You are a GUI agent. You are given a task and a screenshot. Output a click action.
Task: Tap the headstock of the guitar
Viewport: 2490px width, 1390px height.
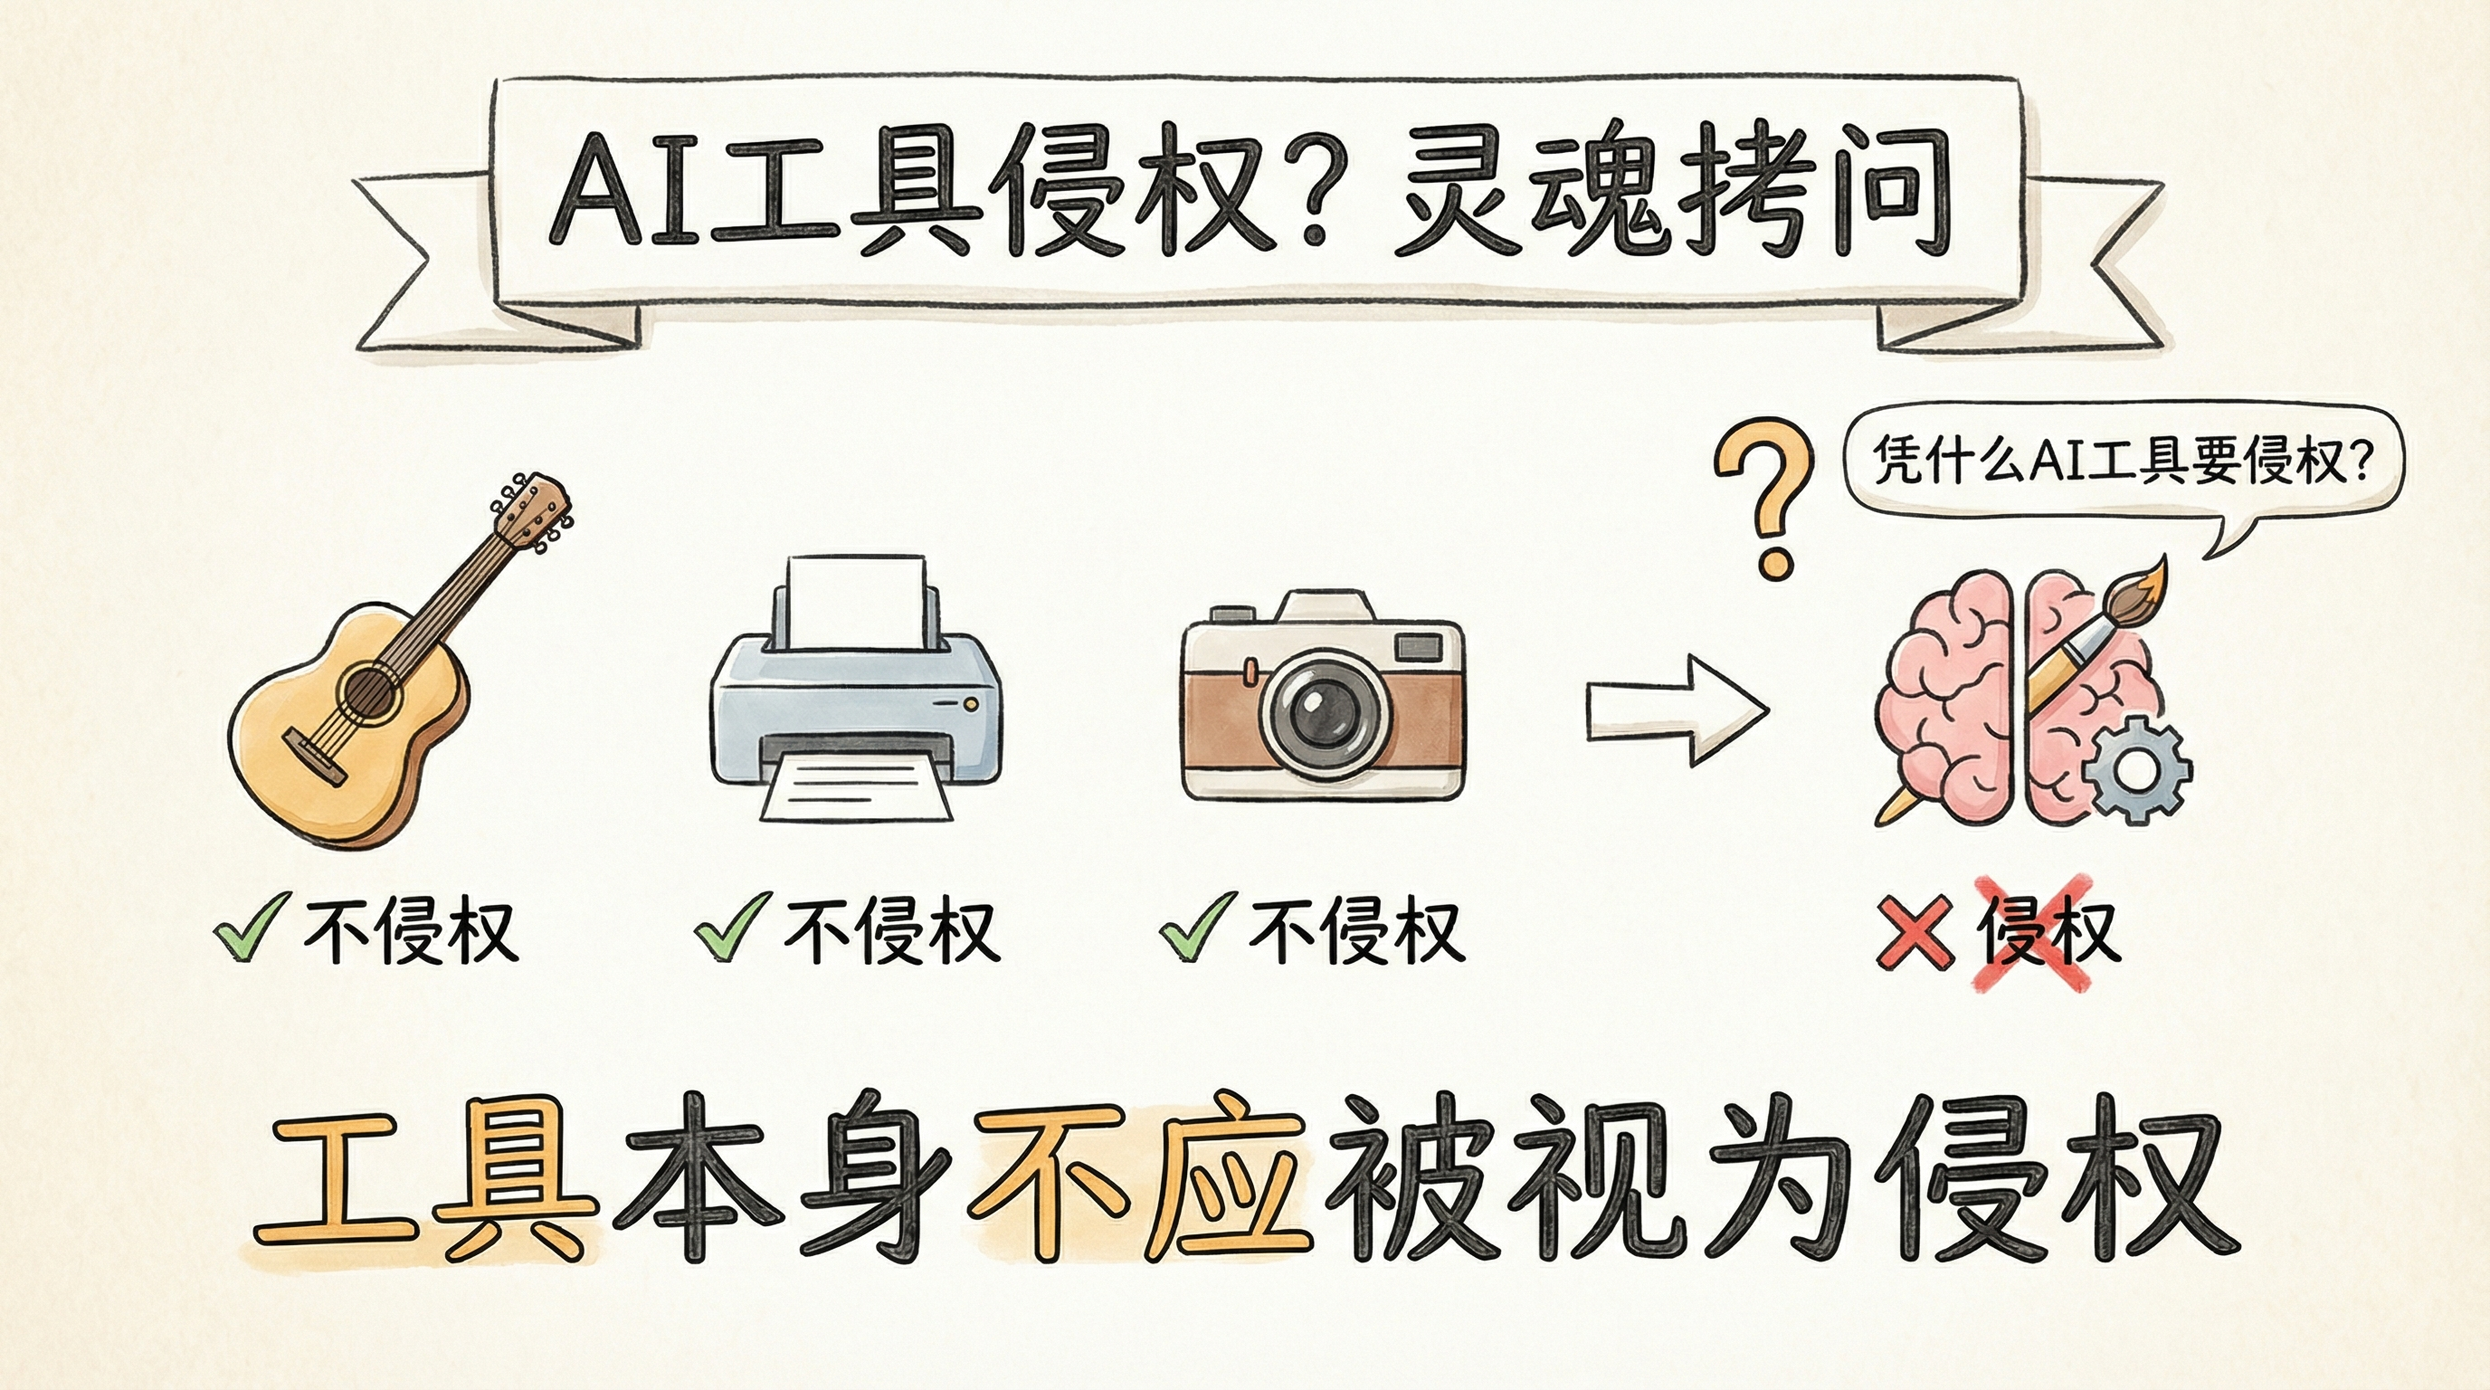point(533,512)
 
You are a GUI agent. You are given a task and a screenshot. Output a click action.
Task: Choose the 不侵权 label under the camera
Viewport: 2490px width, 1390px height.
point(1354,932)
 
